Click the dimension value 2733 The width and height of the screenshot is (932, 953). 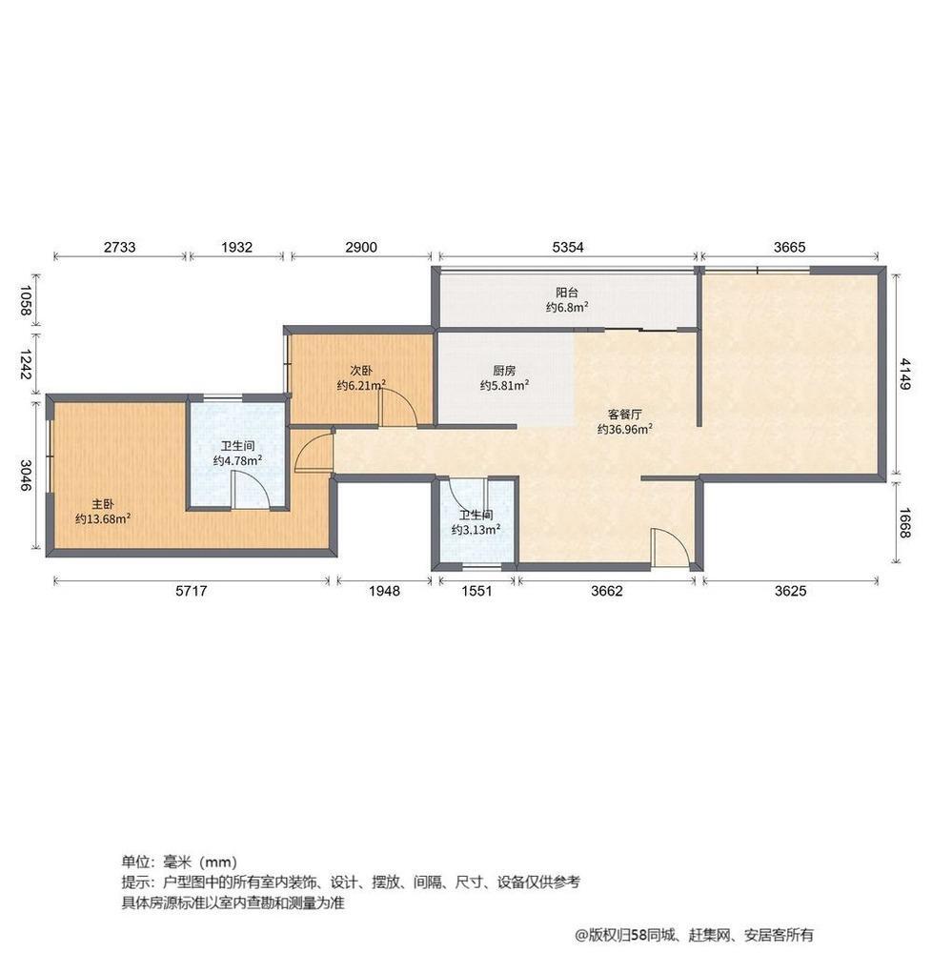coord(120,248)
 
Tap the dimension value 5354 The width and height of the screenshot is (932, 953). coord(567,248)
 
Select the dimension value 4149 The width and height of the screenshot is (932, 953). coord(905,374)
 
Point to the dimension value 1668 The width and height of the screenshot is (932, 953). coord(905,522)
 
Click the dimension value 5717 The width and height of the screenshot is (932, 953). coord(192,591)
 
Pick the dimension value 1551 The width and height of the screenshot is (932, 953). coord(476,591)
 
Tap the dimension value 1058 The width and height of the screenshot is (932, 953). coord(25,301)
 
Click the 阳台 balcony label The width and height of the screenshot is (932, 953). coord(567,293)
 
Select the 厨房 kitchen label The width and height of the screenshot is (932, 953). coord(504,370)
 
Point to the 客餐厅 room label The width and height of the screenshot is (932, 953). coord(624,415)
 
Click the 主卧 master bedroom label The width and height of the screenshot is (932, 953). coord(103,504)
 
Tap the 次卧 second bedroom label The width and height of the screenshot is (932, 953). coord(361,370)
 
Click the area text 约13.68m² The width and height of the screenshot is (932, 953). coord(103,519)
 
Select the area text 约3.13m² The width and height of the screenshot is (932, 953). coord(476,529)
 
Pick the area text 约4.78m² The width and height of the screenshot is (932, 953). coord(237,460)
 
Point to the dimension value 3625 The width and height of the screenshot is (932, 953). coord(790,591)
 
